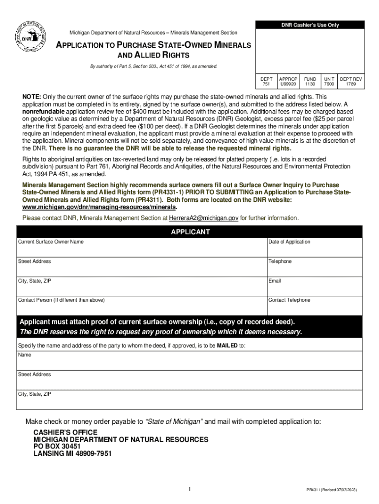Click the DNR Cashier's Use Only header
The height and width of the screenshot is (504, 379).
point(310,25)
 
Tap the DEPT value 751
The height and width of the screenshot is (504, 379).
point(266,84)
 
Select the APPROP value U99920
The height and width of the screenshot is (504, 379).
point(288,84)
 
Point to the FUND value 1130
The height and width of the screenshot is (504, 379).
point(310,84)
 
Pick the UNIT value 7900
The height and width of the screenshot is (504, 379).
point(329,84)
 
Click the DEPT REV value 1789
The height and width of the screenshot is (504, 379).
point(351,84)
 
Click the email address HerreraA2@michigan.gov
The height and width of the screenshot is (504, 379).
point(204,218)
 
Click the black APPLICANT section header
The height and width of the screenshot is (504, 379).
point(190,232)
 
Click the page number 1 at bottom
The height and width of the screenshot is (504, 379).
point(189,489)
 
